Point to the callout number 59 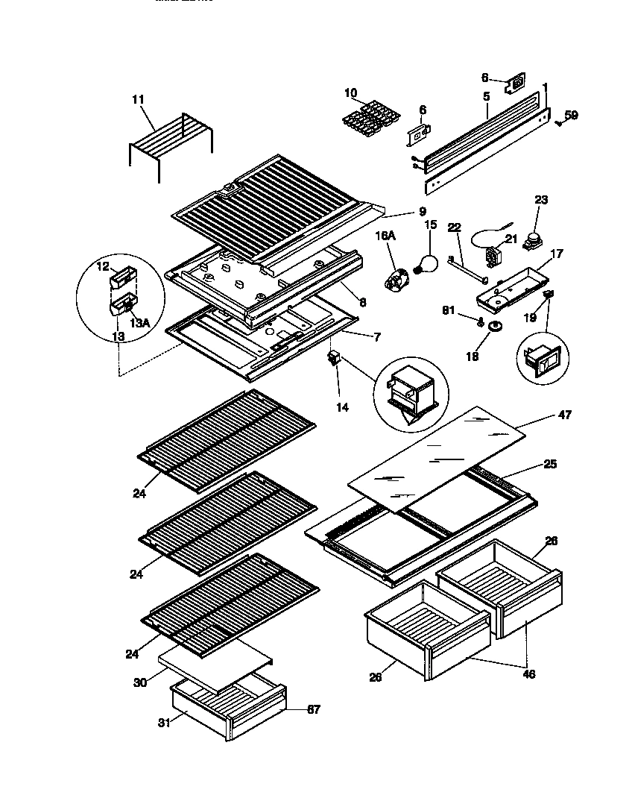pyautogui.click(x=571, y=115)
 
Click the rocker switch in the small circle pyautogui.click(x=541, y=362)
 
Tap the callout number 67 pyautogui.click(x=313, y=709)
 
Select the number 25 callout pyautogui.click(x=550, y=464)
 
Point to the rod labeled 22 pyautogui.click(x=467, y=269)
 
